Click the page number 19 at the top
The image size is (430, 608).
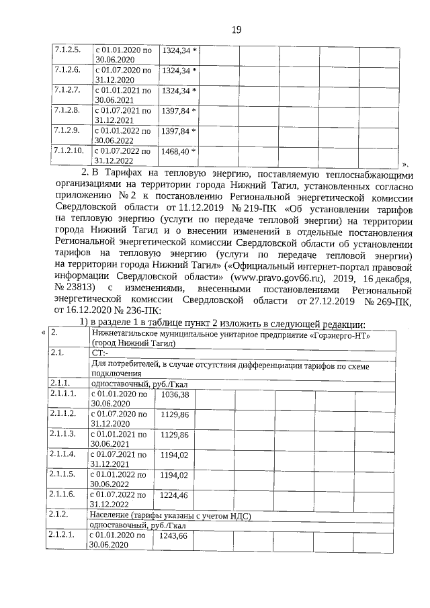pyautogui.click(x=236, y=30)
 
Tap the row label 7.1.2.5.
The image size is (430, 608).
pyautogui.click(x=67, y=50)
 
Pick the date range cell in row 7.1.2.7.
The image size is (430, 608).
pyautogui.click(x=124, y=95)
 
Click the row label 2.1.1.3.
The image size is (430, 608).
pyautogui.click(x=65, y=435)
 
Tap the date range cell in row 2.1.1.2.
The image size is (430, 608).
pyautogui.click(x=120, y=419)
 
